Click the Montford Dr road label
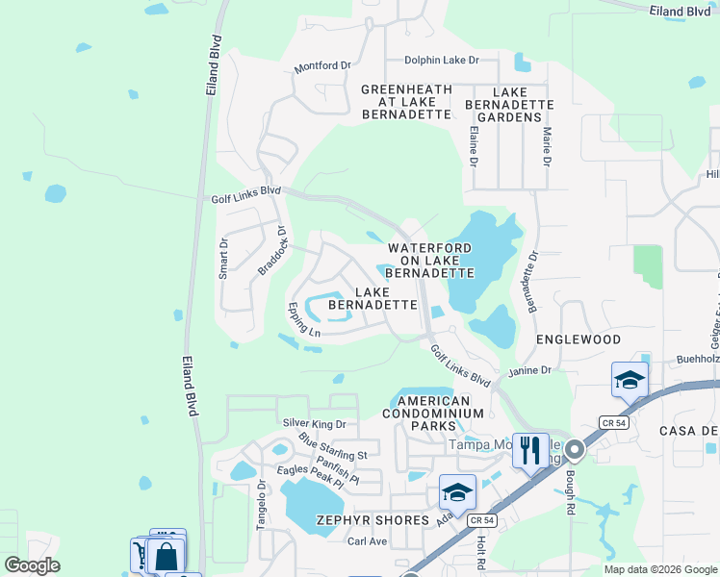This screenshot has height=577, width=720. pyautogui.click(x=323, y=65)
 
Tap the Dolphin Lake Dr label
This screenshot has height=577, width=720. pyautogui.click(x=441, y=60)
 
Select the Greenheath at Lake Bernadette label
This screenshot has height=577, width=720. pyautogui.click(x=406, y=101)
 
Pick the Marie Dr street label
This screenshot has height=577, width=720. pyautogui.click(x=546, y=147)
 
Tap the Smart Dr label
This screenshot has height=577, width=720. pyautogui.click(x=223, y=258)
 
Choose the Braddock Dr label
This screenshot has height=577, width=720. pyautogui.click(x=273, y=251)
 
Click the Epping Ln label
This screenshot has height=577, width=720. pyautogui.click(x=303, y=319)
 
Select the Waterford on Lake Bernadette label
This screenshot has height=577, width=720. pyautogui.click(x=430, y=260)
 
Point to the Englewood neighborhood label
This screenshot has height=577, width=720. pyautogui.click(x=579, y=339)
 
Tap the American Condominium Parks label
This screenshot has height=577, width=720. pyautogui.click(x=433, y=413)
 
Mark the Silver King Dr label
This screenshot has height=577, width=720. pyautogui.click(x=314, y=423)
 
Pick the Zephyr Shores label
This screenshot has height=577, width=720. pyautogui.click(x=372, y=520)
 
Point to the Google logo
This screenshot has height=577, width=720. pyautogui.click(x=33, y=565)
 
